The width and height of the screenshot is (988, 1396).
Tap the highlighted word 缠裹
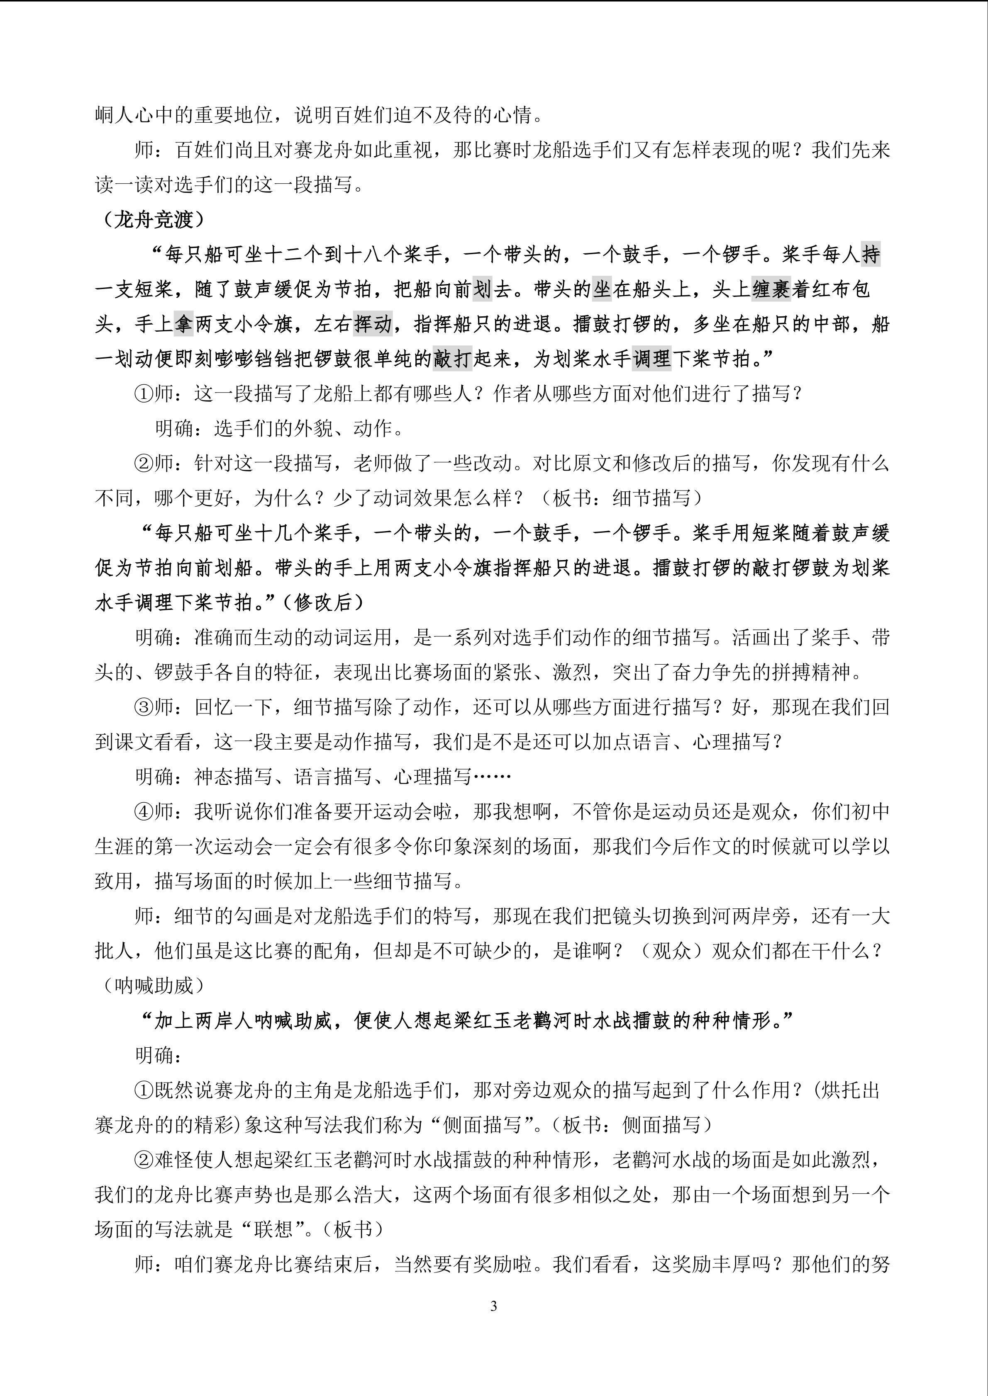pyautogui.click(x=771, y=289)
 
